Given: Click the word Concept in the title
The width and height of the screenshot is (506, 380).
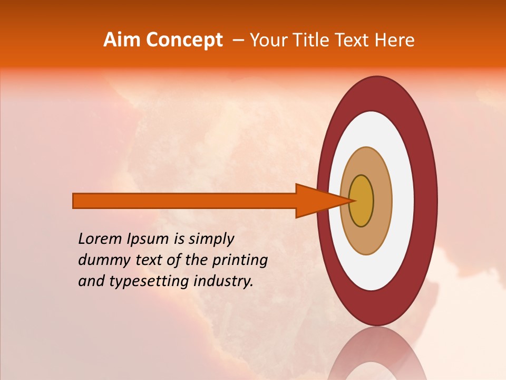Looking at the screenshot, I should point(183,40).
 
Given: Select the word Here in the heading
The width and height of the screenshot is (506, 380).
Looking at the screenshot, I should point(394,40).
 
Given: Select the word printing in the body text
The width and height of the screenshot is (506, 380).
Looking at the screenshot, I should point(240,261).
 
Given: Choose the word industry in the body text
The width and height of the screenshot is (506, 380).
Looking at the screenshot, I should point(223,281).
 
